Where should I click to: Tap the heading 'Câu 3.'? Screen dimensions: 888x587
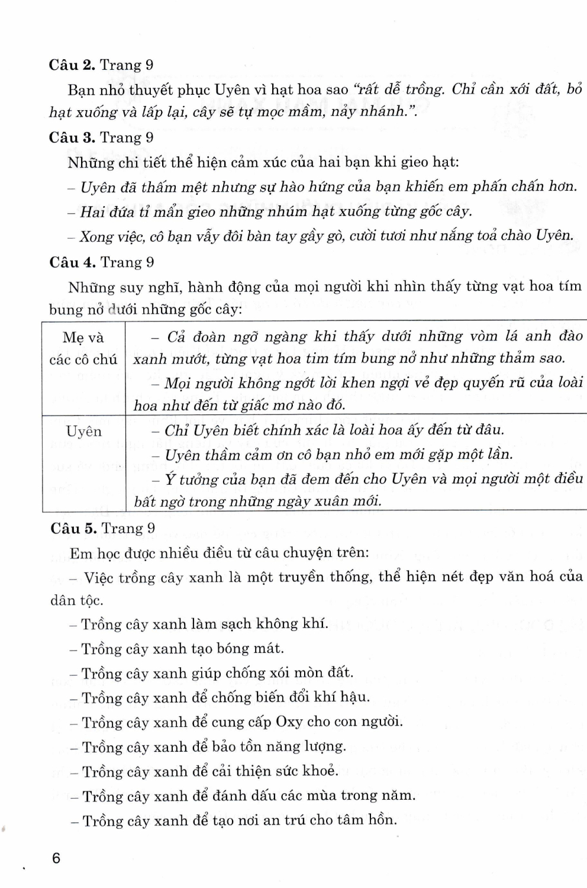pyautogui.click(x=72, y=138)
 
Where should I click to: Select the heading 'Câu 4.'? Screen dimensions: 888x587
pyautogui.click(x=72, y=262)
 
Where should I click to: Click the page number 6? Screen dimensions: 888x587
pyautogui.click(x=56, y=858)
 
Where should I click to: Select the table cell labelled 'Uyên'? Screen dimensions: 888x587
pyautogui.click(x=83, y=432)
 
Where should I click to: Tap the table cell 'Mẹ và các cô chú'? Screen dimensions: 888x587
pyautogui.click(x=83, y=348)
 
